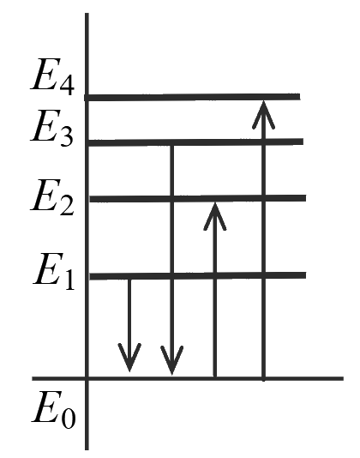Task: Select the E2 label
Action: point(52,198)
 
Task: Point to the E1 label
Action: point(54,272)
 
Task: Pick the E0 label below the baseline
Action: point(54,410)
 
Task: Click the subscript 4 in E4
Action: point(67,84)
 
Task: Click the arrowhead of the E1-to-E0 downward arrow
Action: point(129,358)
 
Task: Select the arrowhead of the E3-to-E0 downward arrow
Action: point(172,360)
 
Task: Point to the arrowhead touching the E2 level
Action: point(215,216)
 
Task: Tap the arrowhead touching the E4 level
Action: point(263,115)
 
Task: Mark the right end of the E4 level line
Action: point(300,97)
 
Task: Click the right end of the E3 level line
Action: point(303,142)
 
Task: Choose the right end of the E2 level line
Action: point(306,198)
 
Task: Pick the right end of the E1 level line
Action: point(306,275)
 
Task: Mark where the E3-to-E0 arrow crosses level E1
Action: point(172,275)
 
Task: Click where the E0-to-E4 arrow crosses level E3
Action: point(264,142)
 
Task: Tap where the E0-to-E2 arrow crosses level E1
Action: point(215,275)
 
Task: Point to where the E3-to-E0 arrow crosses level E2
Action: point(172,199)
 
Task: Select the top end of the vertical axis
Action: point(87,13)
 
